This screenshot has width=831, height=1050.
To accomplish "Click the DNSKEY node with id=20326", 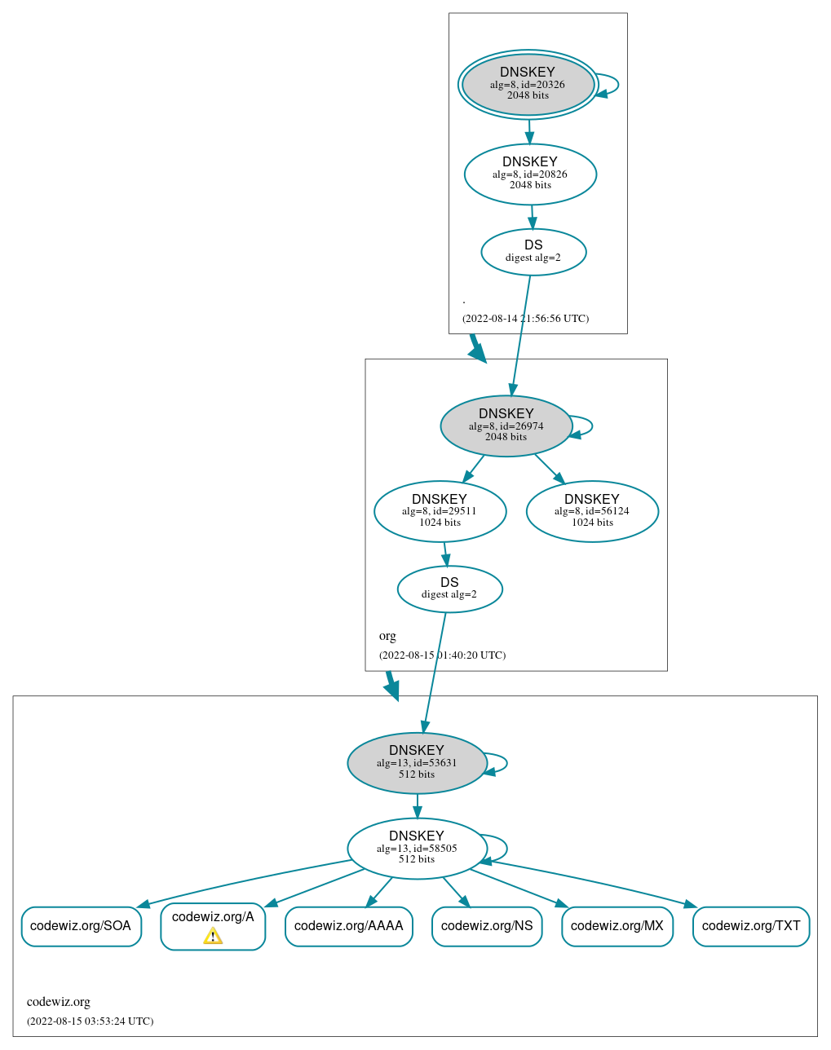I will click(528, 84).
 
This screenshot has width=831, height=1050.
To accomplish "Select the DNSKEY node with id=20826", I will click(530, 174).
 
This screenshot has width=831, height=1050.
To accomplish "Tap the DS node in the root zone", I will click(533, 251).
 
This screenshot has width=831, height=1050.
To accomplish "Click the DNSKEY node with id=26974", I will click(506, 426).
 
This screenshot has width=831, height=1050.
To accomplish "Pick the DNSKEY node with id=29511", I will click(440, 511).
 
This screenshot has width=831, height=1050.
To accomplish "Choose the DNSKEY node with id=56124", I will click(592, 511).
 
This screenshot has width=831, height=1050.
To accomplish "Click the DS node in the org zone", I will click(449, 589).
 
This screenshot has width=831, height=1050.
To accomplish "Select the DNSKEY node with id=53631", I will click(417, 763).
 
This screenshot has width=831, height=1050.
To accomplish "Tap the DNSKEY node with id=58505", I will click(417, 849).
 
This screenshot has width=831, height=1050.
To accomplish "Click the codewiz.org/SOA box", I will click(81, 926).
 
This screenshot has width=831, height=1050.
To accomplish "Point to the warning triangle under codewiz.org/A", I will click(213, 936).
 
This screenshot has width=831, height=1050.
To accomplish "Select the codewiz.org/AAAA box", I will click(348, 926).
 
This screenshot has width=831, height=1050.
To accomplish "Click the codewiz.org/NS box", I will click(487, 926).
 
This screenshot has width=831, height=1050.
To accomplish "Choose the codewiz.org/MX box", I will click(617, 926).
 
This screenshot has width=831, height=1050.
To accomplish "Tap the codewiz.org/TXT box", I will click(750, 926).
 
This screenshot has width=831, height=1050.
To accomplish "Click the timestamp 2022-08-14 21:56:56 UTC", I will click(525, 319).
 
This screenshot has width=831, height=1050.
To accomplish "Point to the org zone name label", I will click(387, 636).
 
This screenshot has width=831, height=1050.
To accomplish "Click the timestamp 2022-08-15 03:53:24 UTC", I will click(90, 1021).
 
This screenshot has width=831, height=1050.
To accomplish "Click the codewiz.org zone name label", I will click(59, 1002).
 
